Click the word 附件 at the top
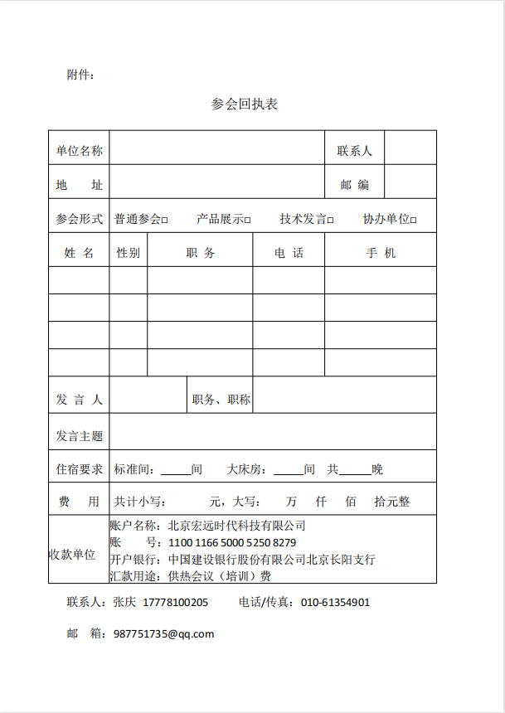pos(79,75)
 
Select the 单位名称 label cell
pos(80,151)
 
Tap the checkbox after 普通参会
pos(165,221)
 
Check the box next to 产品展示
pos(247,221)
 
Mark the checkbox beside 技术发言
pos(330,221)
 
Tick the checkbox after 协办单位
pos(413,221)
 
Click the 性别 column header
pos(128,253)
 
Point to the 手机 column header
pos(381,253)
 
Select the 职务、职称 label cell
pos(221,400)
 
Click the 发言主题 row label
pos(80,436)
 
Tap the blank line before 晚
pos(355,470)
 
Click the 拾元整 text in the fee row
pos(391,502)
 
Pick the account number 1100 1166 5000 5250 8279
pos(232,543)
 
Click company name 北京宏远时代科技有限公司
pos(237,526)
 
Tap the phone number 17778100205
pos(176,603)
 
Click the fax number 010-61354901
pos(335,603)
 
